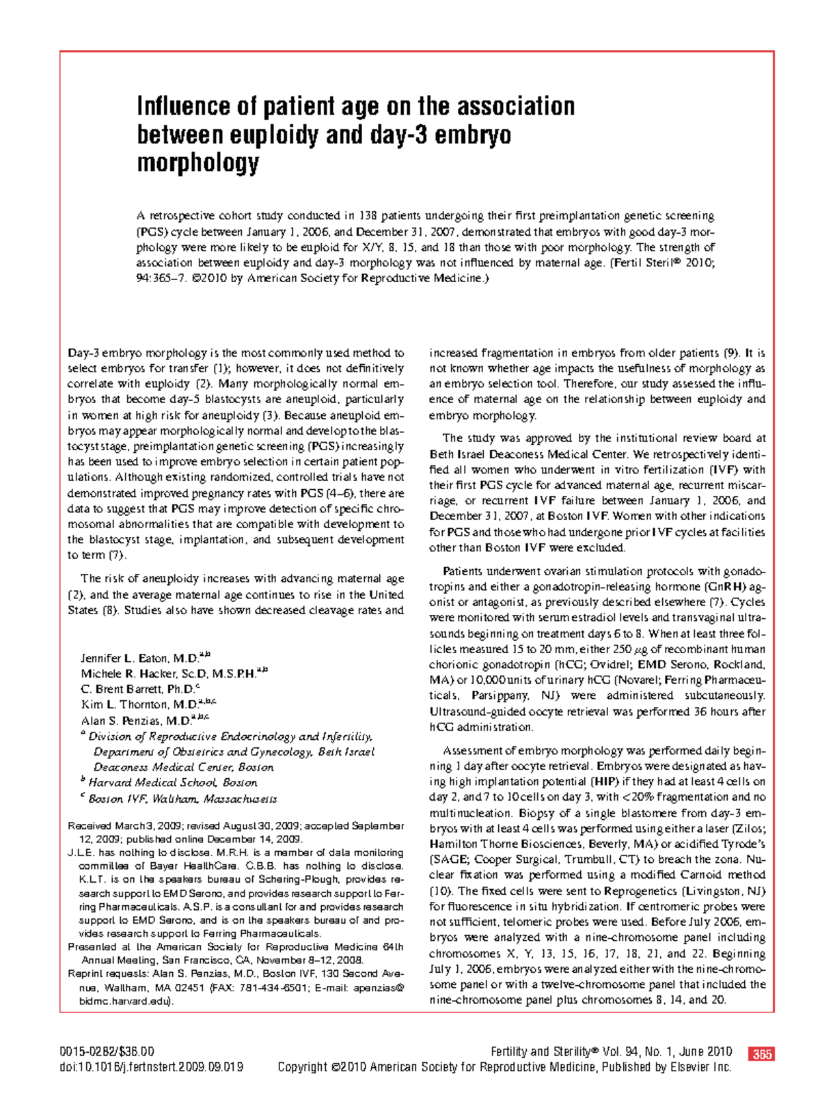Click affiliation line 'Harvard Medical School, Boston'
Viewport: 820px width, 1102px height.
173,783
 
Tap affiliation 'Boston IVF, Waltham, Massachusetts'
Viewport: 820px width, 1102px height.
182,799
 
